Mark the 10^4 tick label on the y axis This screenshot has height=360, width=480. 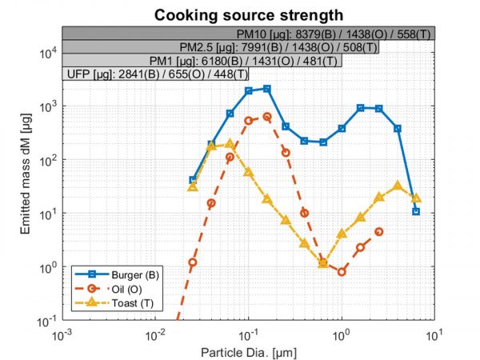pyautogui.click(x=46, y=53)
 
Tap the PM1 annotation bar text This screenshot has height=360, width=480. pyautogui.click(x=242, y=62)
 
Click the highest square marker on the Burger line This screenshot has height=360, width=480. pyautogui.click(x=267, y=89)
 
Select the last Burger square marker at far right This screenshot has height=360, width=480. pyautogui.click(x=416, y=212)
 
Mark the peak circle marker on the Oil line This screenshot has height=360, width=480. pyautogui.click(x=267, y=117)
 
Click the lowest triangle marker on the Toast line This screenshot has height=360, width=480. pyautogui.click(x=323, y=262)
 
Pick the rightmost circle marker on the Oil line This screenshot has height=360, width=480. pyautogui.click(x=379, y=232)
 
